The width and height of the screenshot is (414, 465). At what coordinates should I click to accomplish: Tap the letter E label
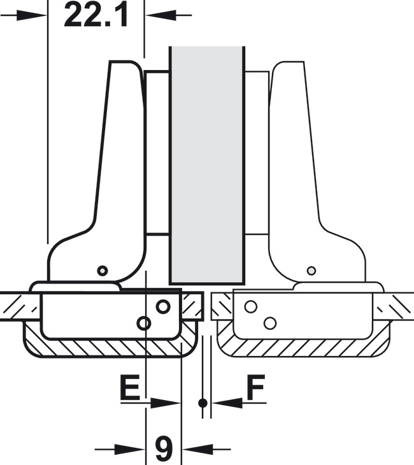[130, 387]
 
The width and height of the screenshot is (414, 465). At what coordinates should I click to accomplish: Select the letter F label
[255, 387]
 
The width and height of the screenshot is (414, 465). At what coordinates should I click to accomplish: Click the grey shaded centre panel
[207, 165]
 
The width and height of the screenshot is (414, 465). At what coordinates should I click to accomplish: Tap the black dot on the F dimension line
[203, 403]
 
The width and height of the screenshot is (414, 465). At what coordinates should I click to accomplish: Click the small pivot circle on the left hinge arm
[103, 271]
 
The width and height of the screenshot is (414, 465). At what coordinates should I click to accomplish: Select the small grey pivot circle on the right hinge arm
[311, 271]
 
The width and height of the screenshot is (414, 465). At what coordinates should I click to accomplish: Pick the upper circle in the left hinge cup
[163, 306]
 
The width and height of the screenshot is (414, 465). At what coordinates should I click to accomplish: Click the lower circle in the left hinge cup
[144, 323]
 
